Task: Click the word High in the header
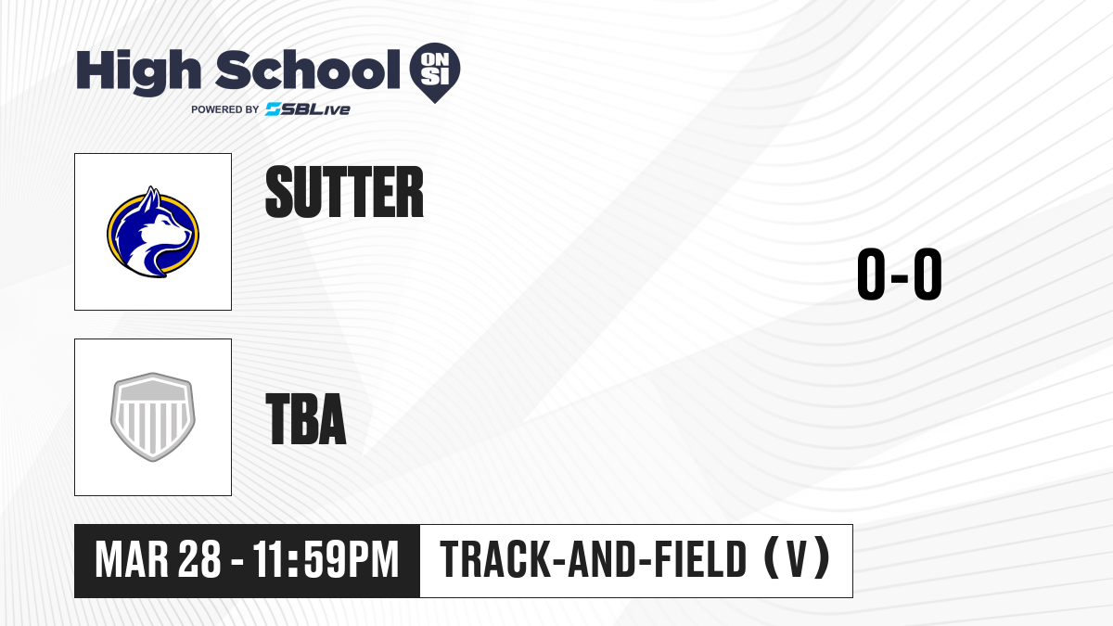[138, 71]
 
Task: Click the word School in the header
[308, 70]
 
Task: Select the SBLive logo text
[308, 109]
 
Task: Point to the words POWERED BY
[225, 109]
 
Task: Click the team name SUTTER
[344, 192]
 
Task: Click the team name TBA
[306, 418]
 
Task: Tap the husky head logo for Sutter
[153, 232]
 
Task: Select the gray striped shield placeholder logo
[153, 417]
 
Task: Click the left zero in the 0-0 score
[871, 274]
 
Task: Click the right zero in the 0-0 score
[927, 274]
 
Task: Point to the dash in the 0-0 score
[900, 276]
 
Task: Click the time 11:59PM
[326, 560]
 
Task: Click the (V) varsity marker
[797, 558]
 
